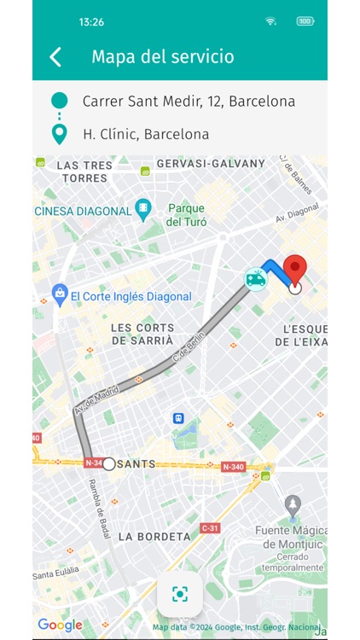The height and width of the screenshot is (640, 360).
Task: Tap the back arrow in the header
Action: pyautogui.click(x=55, y=57)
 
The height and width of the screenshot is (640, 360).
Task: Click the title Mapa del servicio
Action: pyautogui.click(x=162, y=57)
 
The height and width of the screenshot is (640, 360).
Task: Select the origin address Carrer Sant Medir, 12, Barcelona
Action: pyautogui.click(x=189, y=101)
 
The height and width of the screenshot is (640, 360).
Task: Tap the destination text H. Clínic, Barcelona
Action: pyautogui.click(x=146, y=134)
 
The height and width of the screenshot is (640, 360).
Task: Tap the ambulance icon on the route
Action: pyautogui.click(x=255, y=278)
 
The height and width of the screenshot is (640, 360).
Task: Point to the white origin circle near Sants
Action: pyautogui.click(x=109, y=464)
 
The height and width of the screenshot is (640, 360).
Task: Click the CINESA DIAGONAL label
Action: pyautogui.click(x=84, y=211)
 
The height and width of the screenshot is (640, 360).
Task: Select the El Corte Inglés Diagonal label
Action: pyautogui.click(x=131, y=297)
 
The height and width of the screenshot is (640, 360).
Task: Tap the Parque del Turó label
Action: pyautogui.click(x=185, y=214)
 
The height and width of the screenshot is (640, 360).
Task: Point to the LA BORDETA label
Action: pyautogui.click(x=154, y=536)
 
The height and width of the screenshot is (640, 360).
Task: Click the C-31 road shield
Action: pyautogui.click(x=210, y=528)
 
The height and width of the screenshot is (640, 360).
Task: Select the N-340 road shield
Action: pyautogui.click(x=233, y=467)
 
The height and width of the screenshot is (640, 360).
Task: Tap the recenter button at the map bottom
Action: pyautogui.click(x=180, y=594)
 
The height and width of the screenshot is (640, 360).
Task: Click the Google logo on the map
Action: pyautogui.click(x=60, y=625)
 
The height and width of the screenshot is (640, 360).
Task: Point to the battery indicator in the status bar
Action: pyautogui.click(x=305, y=21)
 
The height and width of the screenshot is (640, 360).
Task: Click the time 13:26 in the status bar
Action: pyautogui.click(x=91, y=21)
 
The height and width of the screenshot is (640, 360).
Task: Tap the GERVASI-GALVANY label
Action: pyautogui.click(x=211, y=163)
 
